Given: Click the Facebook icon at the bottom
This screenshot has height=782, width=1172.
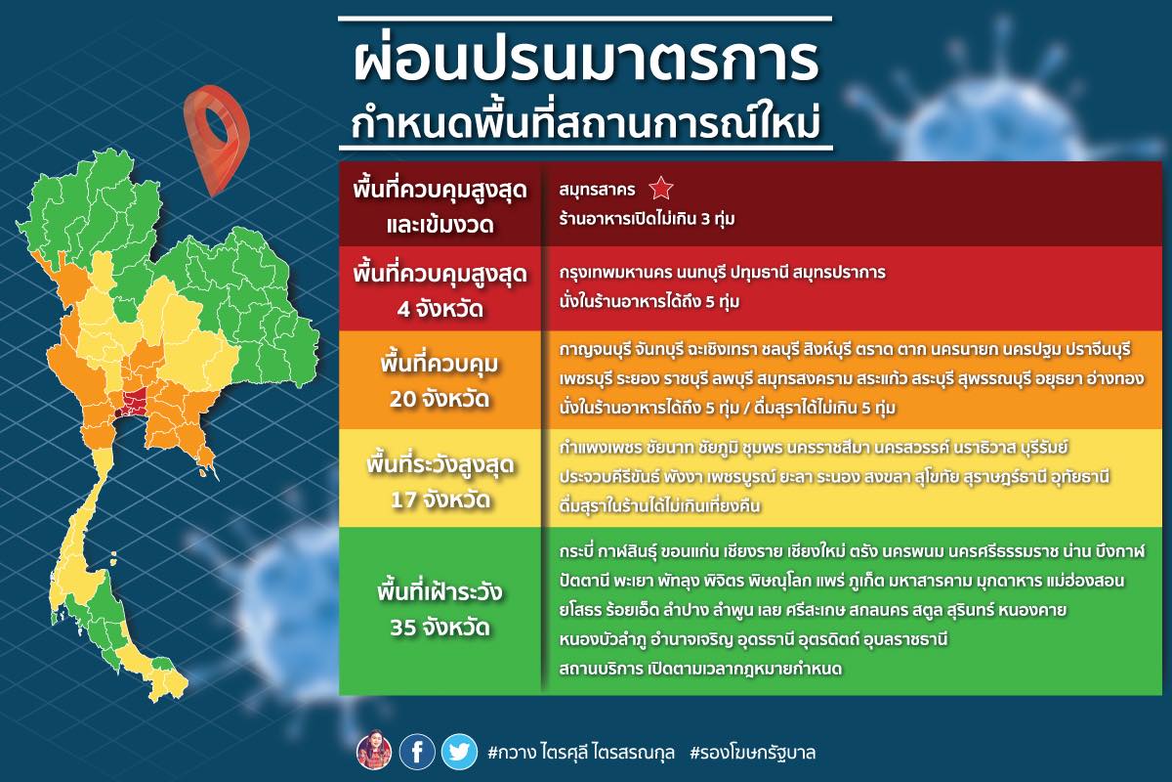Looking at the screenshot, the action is [x=417, y=752].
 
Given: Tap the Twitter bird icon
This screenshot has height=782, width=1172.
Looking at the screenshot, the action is [x=459, y=752].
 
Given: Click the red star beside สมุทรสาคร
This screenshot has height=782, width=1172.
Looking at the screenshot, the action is [x=661, y=189].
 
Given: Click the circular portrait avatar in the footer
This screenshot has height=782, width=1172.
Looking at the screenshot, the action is [x=374, y=752].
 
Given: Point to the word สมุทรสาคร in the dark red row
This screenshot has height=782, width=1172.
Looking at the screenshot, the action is [x=597, y=189].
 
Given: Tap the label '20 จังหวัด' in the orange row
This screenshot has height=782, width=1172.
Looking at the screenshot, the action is [x=439, y=399].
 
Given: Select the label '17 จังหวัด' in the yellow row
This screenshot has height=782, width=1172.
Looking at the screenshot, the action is [x=440, y=500].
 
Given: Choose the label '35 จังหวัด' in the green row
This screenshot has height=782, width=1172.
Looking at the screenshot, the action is [x=439, y=627].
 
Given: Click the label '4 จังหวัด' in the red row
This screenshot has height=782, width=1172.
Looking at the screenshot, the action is [x=439, y=309].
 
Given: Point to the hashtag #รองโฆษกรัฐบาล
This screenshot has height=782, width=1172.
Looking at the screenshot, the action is [x=753, y=753].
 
